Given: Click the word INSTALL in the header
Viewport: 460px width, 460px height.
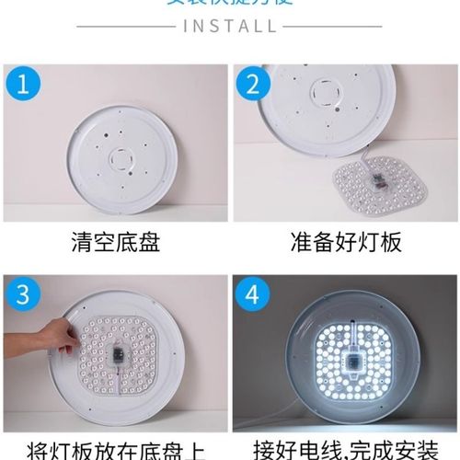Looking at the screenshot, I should click(x=230, y=25).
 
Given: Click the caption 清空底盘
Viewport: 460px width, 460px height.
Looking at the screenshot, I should click(x=115, y=243).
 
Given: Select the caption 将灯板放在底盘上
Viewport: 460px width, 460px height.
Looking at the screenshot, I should click(x=115, y=450).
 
